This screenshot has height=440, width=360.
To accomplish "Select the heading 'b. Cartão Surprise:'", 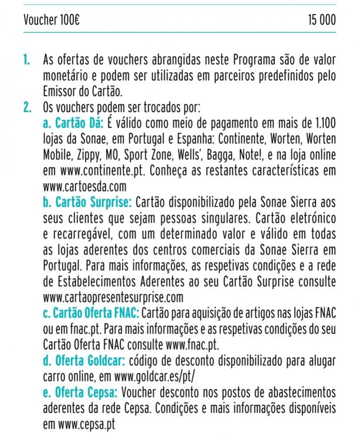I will click(x=89, y=202).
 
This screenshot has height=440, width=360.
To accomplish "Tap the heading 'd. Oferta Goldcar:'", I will click(x=84, y=358).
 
